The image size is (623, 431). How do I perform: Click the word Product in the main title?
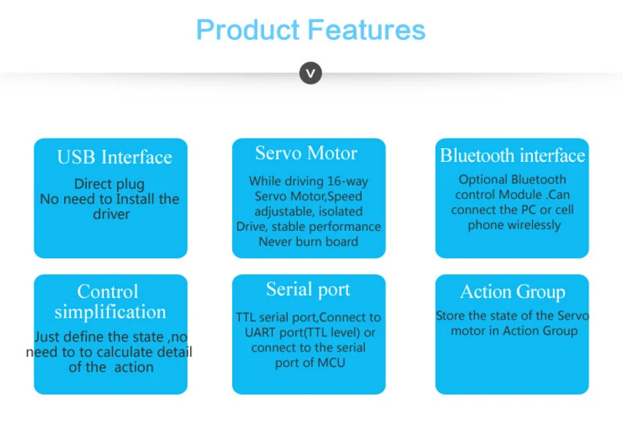(x=248, y=31)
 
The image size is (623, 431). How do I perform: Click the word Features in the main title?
(x=366, y=30)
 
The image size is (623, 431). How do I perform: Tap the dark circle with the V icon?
(x=311, y=73)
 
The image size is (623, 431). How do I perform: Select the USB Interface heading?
(x=115, y=157)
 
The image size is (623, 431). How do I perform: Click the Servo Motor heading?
(x=306, y=153)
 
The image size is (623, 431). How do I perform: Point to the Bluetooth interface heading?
(x=512, y=155)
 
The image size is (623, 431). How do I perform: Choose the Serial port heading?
(x=308, y=290)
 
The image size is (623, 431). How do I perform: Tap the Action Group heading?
(x=512, y=292)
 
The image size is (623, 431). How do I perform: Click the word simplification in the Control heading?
(x=110, y=312)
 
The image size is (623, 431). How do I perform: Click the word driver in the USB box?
(x=111, y=214)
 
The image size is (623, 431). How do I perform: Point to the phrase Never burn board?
(x=308, y=241)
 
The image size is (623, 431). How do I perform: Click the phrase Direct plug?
(x=109, y=184)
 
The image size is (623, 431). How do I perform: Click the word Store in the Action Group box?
(x=450, y=316)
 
